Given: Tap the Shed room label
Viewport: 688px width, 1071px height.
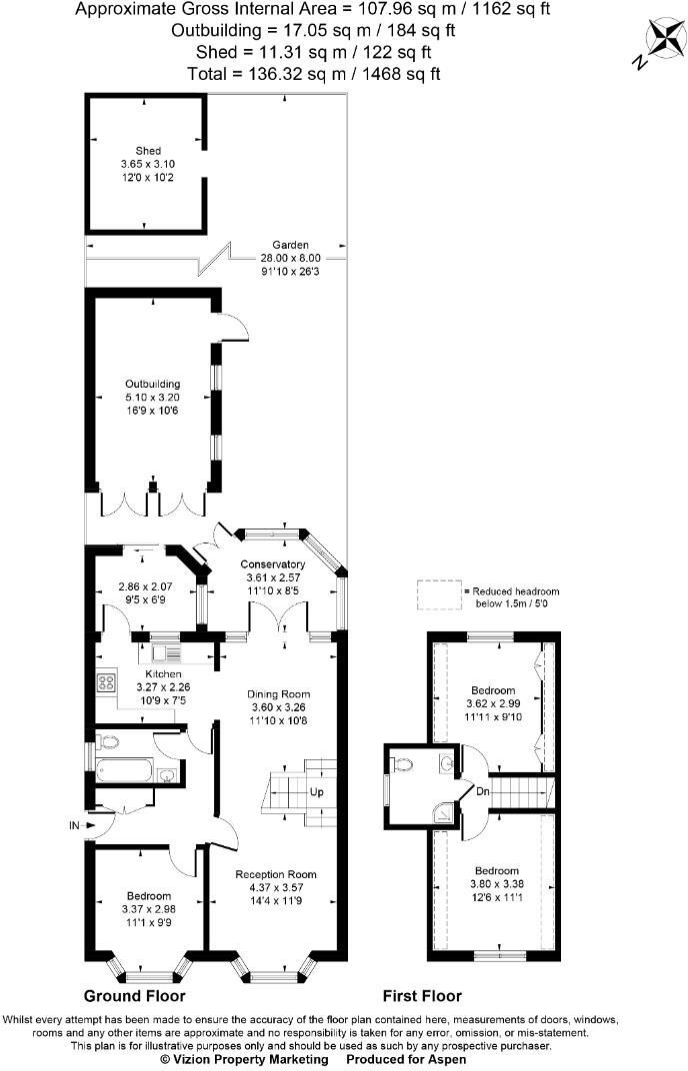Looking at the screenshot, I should (148, 151).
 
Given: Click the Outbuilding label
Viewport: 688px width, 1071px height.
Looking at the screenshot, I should (152, 384).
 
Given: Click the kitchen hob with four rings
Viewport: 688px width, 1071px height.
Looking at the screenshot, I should (105, 683).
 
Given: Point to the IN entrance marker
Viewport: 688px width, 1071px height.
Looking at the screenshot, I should (74, 826).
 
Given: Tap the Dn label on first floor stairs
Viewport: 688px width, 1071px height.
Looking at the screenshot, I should (482, 791).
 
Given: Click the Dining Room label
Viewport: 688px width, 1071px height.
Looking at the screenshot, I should (279, 693).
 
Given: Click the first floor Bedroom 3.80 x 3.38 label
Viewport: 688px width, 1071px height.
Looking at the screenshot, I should (494, 870).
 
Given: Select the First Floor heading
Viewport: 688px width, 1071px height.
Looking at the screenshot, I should (422, 996).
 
